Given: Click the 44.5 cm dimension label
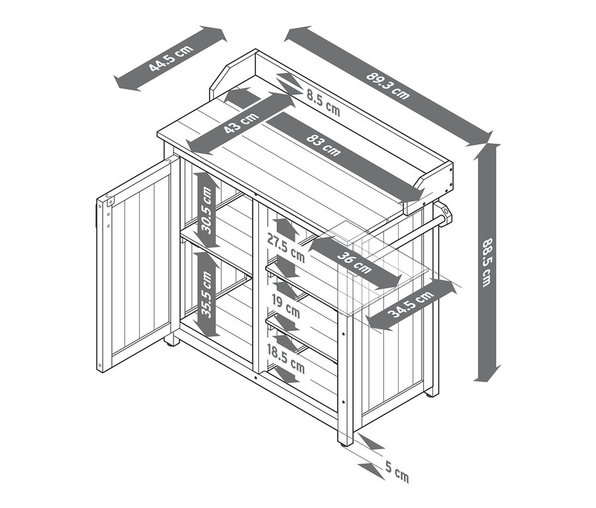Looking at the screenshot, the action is (171, 58).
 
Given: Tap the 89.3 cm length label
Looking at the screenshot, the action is (388, 85).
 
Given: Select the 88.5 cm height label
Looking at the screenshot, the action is (487, 262).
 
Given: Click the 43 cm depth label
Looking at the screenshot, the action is (241, 123).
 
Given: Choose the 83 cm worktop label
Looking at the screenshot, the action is (323, 145).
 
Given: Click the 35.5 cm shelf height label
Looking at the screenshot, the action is (207, 294).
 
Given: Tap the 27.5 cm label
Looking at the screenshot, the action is (286, 248).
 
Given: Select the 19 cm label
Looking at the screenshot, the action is (286, 307).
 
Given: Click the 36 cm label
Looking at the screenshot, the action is (354, 262).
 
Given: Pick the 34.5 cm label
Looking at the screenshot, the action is (411, 304).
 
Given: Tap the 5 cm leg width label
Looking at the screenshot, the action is (397, 471).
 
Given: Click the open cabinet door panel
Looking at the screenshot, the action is (138, 264).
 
